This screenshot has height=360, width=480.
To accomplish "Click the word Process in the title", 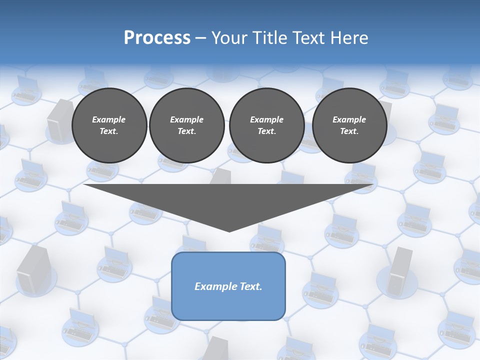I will pyautogui.click(x=157, y=38).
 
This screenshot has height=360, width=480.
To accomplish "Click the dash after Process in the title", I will pyautogui.click(x=200, y=38).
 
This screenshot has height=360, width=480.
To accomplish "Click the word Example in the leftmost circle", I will pyautogui.click(x=109, y=119).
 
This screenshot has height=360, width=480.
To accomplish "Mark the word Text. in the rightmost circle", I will pyautogui.click(x=349, y=131).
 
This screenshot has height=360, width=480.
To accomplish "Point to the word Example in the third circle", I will pyautogui.click(x=266, y=119).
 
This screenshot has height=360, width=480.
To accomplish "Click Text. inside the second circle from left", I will pyautogui.click(x=186, y=131).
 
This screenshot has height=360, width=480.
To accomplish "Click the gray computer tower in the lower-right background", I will pyautogui.click(x=400, y=270).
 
